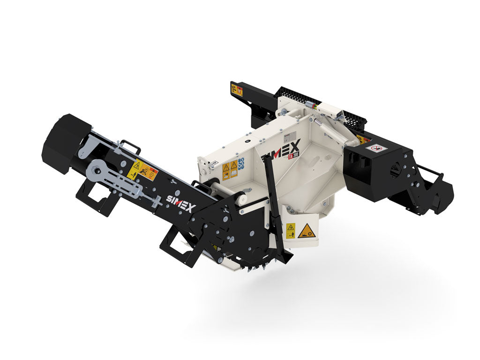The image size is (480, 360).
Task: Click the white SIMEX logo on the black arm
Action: pyautogui.click(x=179, y=202)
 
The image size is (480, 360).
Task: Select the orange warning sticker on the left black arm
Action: pyautogui.click(x=142, y=170)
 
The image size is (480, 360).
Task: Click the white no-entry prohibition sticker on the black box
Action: pyautogui.click(x=374, y=149)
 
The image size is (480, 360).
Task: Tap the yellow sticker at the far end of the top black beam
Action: pyautogui.click(x=237, y=89)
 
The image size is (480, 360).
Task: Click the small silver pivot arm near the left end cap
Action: pyautogui.click(x=85, y=150)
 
